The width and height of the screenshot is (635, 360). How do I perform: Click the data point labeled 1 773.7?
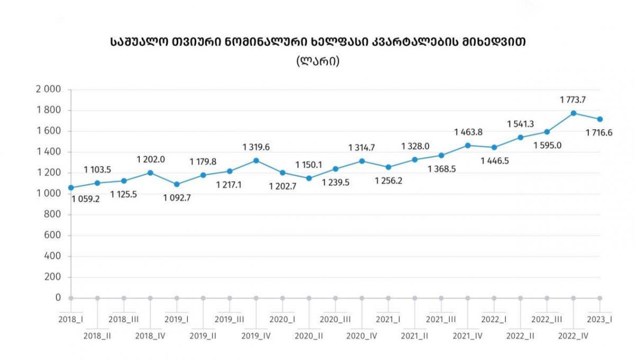click(573, 113)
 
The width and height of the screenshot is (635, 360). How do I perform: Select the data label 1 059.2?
click(86, 200)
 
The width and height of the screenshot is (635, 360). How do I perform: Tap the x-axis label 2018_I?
click(71, 319)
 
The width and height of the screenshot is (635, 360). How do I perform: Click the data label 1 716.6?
click(599, 133)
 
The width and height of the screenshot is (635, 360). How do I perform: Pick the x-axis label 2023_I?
click(600, 319)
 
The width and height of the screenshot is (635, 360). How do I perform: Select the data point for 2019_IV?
click(256, 160)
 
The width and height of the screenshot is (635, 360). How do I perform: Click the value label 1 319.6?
click(256, 147)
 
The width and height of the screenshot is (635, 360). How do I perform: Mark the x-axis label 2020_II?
click(309, 335)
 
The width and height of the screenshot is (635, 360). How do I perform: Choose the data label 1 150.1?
click(309, 165)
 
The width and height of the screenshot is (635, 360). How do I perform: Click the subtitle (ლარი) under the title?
click(317, 61)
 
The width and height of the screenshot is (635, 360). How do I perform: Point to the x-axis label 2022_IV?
click(574, 335)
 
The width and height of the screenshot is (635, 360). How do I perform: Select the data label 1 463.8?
click(468, 132)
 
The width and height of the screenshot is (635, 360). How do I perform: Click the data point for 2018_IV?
click(150, 173)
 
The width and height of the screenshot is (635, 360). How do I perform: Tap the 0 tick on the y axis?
click(58, 298)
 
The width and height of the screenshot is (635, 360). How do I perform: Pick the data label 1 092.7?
click(177, 199)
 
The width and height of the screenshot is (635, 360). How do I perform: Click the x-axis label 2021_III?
click(441, 319)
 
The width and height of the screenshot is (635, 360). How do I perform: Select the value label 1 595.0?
click(547, 146)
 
